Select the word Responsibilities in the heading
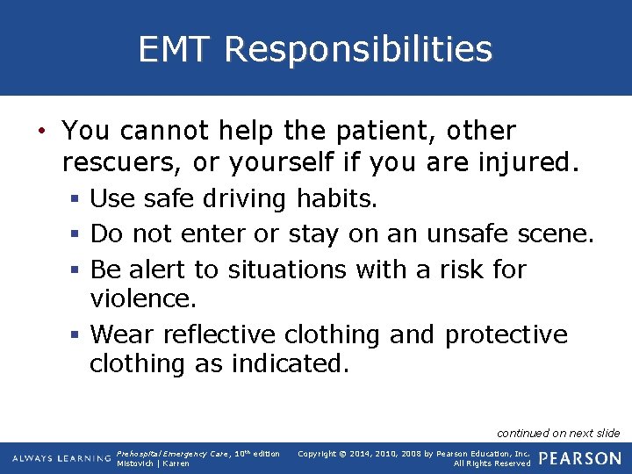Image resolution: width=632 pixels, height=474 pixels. tap(358, 49)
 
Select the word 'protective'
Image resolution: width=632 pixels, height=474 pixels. tap(506, 334)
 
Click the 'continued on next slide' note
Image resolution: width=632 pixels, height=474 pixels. tap(558, 433)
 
